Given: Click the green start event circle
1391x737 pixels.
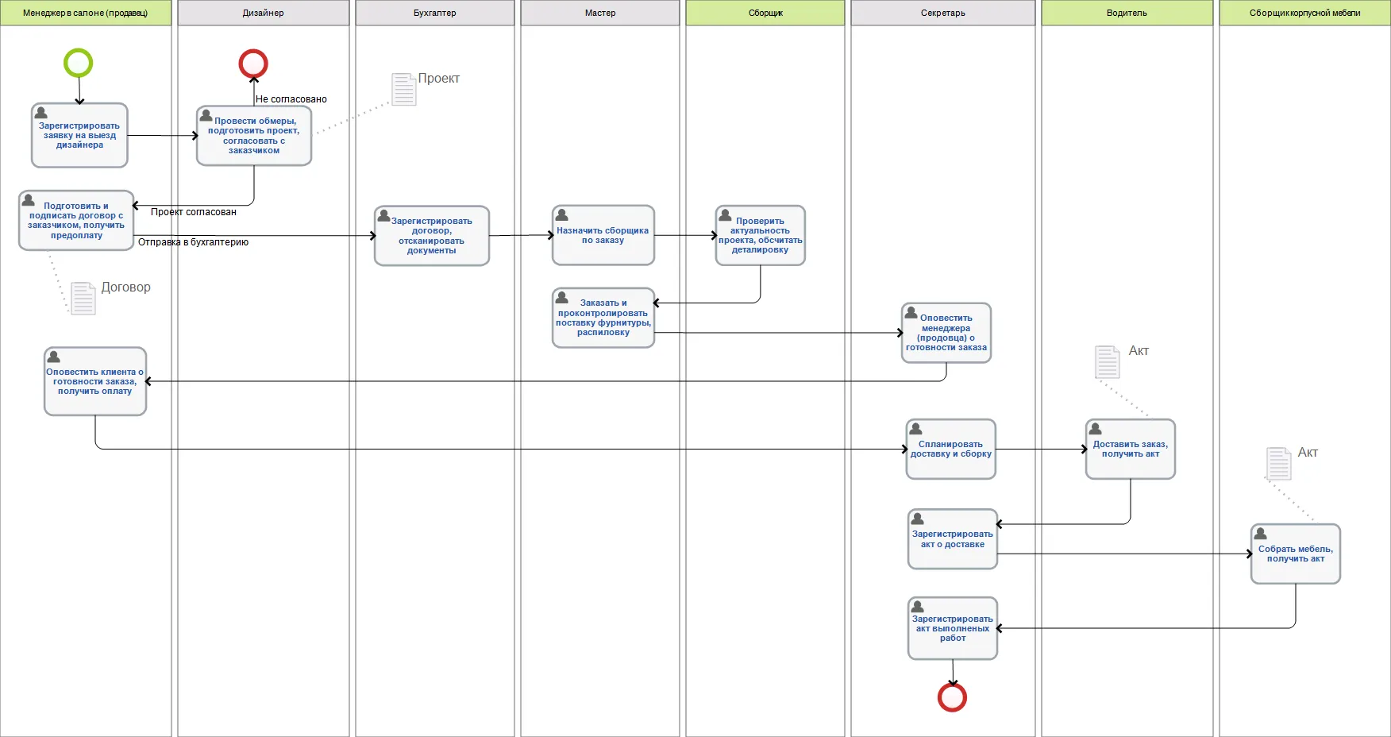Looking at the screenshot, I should pos(79,63).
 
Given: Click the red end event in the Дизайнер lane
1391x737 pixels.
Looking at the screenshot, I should pos(253,64).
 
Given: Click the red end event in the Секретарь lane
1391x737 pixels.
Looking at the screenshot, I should pos(952,697).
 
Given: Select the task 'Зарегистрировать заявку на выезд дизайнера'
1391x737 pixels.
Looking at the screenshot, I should pos(79,135).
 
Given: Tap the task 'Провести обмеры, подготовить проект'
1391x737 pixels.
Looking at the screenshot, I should pos(254,136).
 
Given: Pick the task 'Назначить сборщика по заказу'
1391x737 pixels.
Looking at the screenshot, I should pos(603,235).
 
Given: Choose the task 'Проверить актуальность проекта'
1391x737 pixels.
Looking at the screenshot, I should pos(761,235).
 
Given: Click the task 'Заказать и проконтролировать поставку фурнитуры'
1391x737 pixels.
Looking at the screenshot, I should pos(603,318).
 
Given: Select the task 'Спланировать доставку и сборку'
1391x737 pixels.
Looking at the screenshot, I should pos(951,450).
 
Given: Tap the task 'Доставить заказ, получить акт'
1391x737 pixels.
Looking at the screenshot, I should pos(1131,450).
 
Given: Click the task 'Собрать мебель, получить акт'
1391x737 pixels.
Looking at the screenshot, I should pos(1296,554).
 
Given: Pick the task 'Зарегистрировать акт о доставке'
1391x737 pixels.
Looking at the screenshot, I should pos(953,539).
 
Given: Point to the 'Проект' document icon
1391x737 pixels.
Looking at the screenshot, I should pos(404,89).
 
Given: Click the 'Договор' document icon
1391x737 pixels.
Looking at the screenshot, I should pos(83,298).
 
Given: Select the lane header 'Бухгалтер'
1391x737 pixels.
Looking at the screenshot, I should pos(435,13).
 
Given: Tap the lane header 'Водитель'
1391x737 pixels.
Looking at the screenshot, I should pos(1127,13).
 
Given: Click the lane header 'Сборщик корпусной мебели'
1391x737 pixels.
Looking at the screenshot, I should pos(1304,13).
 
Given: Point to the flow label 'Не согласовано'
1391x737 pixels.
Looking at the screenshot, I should pos(291,99).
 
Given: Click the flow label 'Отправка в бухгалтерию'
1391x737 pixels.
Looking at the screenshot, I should pos(193,242).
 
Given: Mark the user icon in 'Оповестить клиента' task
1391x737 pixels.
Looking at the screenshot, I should pos(54,357).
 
